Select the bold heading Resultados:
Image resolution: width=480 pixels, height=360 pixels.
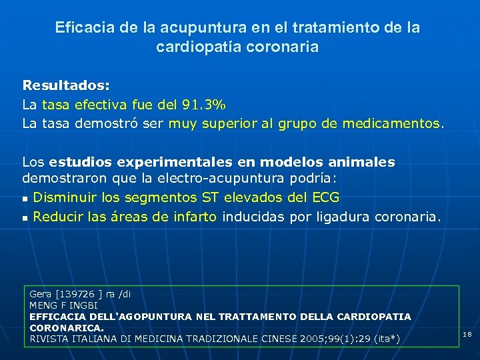pyautogui.click(x=66, y=86)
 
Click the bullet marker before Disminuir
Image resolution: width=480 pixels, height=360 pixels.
pyautogui.click(x=25, y=199)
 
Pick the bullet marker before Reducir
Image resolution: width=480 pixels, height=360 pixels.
pyautogui.click(x=25, y=217)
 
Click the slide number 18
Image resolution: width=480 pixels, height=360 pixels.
pyautogui.click(x=467, y=333)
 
